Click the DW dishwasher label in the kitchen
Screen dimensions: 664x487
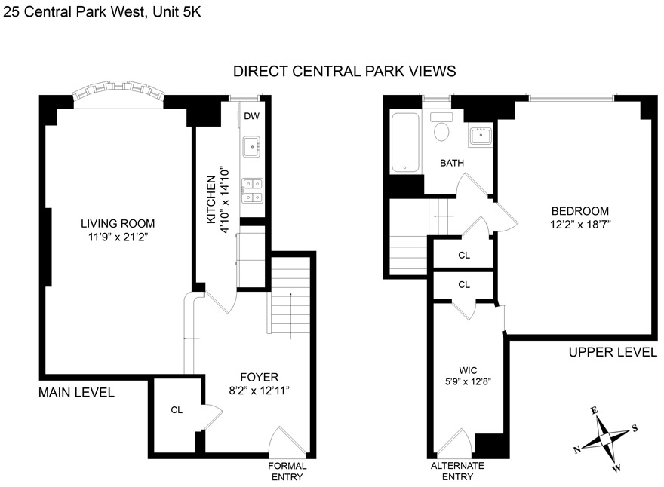[x=251, y=116]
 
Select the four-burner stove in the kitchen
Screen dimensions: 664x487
[x=252, y=189]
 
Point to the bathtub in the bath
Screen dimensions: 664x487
[x=406, y=142]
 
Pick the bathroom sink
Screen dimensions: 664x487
[x=479, y=136]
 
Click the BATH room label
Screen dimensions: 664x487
[x=452, y=163]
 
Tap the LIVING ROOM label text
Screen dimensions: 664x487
[x=118, y=223]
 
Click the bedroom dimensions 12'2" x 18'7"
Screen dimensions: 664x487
[x=579, y=224]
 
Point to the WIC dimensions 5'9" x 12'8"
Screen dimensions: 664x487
[x=469, y=381]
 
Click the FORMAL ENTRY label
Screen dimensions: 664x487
[x=287, y=471]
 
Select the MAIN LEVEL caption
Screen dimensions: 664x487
[x=77, y=392]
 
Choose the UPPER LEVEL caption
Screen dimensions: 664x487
[x=612, y=352]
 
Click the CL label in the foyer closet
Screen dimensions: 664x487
[x=177, y=410]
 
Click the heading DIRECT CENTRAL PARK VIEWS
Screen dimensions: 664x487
[x=344, y=72]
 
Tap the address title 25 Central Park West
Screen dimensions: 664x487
[x=101, y=11]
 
